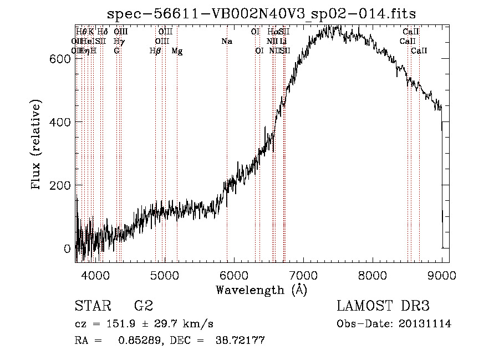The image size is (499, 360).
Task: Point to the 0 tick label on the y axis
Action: tap(67, 248)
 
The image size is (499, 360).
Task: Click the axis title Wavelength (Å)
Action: tap(261, 290)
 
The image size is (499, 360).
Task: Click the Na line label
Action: tap(226, 41)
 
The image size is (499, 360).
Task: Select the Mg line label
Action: tap(177, 51)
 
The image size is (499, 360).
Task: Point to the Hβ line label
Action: tap(155, 51)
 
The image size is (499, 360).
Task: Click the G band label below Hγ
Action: tap(116, 51)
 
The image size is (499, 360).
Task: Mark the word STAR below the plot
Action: tap(92, 306)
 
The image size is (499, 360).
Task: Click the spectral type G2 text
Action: tap(143, 306)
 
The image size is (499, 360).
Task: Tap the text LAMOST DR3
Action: tap(383, 306)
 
